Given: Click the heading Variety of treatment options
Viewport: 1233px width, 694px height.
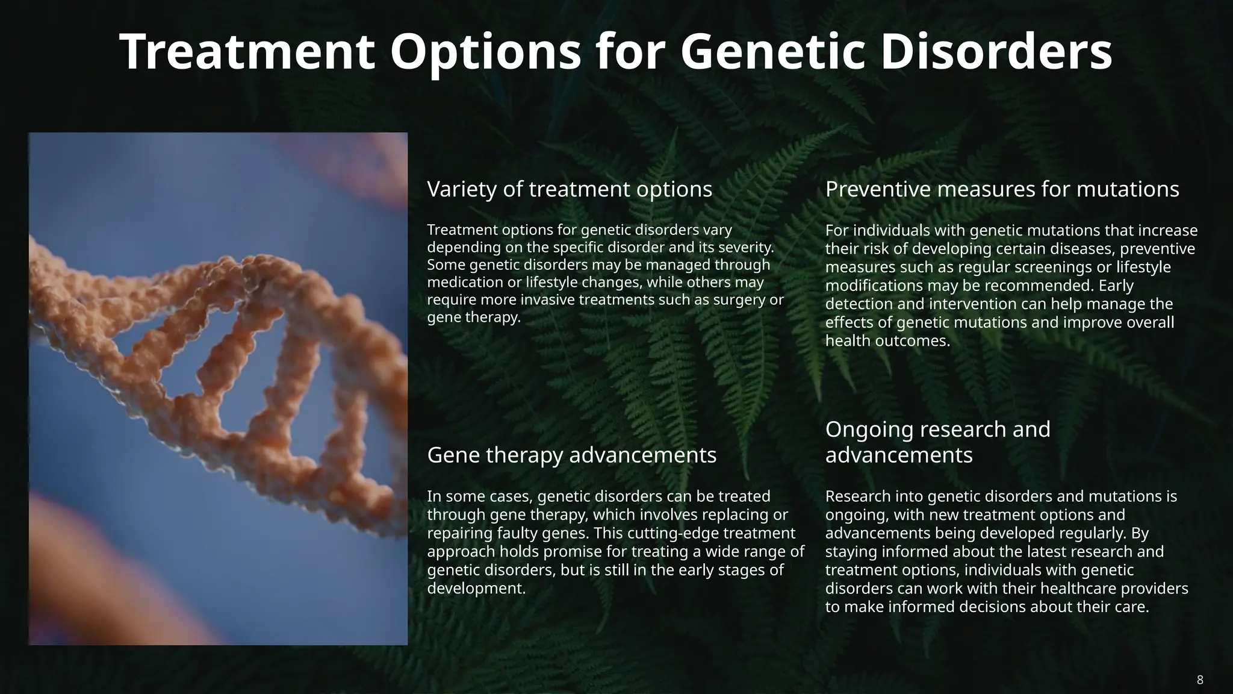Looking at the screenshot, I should pos(569,189).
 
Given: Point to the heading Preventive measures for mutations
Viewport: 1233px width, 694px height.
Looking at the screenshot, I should pos(1002,189).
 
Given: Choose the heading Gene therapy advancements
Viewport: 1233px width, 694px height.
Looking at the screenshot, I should pos(571,455).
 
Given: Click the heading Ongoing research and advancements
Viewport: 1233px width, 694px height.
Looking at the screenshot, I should pos(937,442).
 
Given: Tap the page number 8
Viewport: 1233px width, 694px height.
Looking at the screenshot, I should pos(1200,680).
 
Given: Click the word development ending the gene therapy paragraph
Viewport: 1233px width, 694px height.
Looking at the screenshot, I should pos(476,588).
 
